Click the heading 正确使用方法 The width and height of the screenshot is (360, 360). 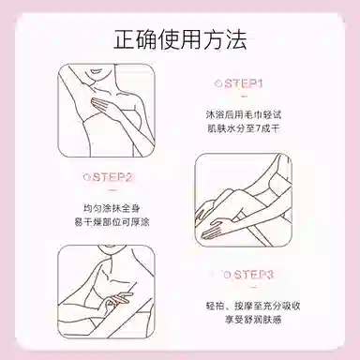click(x=180, y=40)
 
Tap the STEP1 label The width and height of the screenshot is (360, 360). click(x=244, y=83)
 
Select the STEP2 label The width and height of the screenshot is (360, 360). click(x=112, y=177)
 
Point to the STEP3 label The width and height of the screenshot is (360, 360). click(x=254, y=275)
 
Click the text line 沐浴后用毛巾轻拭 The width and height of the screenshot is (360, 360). click(x=244, y=114)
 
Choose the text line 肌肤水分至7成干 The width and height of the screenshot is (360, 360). click(x=244, y=128)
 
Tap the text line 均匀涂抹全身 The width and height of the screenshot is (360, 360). click(x=112, y=208)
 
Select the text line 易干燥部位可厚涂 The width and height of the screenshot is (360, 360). click(x=112, y=222)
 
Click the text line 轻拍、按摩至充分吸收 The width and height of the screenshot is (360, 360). click(x=253, y=306)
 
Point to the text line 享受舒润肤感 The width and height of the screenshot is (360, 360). click(x=253, y=320)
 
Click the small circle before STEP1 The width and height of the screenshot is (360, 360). click(x=218, y=83)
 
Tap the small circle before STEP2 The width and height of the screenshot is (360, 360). click(x=86, y=177)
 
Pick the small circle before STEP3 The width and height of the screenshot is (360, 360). click(x=227, y=275)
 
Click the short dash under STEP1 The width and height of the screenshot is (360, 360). click(x=245, y=97)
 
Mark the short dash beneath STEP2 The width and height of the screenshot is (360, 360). click(x=112, y=190)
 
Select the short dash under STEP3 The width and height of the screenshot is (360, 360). click(x=254, y=287)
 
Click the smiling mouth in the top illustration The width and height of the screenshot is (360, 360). click(x=94, y=74)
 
